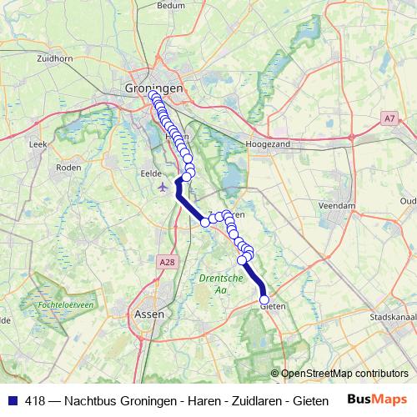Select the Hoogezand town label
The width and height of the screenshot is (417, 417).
(x=266, y=144)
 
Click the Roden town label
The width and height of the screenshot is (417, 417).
(x=67, y=167)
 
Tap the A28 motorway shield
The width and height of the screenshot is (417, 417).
(x=168, y=262)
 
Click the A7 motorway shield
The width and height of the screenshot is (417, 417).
(x=390, y=119)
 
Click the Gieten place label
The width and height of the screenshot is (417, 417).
(x=274, y=307)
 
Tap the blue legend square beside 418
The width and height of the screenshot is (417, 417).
(x=13, y=399)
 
